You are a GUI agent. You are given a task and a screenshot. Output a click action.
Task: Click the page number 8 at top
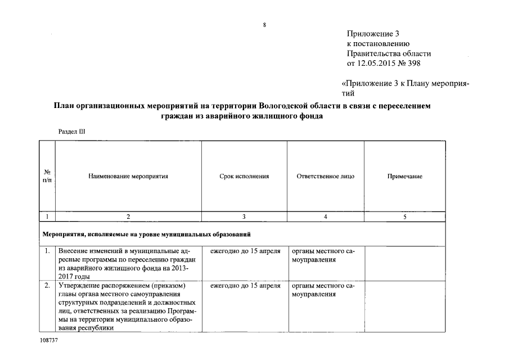click(264, 24)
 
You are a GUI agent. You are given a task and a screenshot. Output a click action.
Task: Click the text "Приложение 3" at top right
click(373, 34)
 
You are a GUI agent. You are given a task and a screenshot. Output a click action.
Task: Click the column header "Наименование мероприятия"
click(128, 176)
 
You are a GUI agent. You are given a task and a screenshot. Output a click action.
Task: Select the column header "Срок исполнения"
click(244, 176)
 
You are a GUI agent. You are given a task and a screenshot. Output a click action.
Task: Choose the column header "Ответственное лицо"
click(325, 176)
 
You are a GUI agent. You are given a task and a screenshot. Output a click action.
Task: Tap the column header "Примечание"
click(404, 176)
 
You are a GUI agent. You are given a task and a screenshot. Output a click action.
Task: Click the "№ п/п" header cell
click(47, 176)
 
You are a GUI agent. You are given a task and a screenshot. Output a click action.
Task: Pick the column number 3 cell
click(244, 217)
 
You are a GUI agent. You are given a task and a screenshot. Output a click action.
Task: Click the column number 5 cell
click(404, 217)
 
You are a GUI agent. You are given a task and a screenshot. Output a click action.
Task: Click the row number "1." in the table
click(47, 251)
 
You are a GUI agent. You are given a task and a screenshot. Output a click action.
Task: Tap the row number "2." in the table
click(47, 286)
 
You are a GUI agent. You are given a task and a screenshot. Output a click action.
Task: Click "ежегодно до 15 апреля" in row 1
click(245, 251)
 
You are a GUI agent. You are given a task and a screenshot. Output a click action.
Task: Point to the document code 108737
click(49, 341)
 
